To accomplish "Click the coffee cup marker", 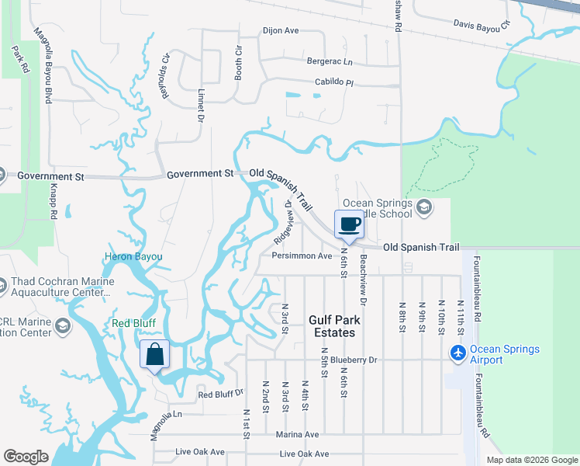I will (x=348, y=225).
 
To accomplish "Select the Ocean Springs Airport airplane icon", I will (x=459, y=353).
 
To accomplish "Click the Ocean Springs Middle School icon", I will (x=423, y=207).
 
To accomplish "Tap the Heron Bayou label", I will (x=134, y=256).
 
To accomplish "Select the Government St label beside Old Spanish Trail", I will (x=201, y=174).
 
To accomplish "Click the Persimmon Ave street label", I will (x=302, y=256).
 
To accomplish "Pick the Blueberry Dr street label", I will (x=353, y=360).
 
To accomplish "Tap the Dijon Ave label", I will (x=281, y=31).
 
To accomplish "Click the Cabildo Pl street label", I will (x=333, y=82).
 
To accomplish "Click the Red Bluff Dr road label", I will (x=221, y=395).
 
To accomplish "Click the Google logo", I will (x=26, y=457).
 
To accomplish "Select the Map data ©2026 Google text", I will (x=531, y=460).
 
